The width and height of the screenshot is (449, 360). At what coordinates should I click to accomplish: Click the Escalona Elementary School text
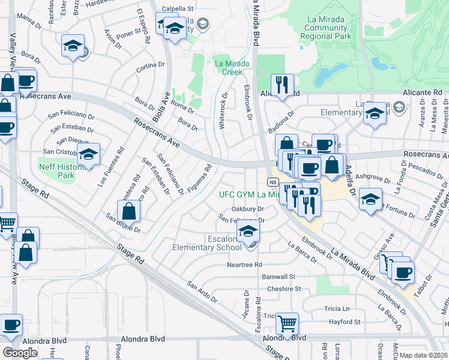[x=206, y=242]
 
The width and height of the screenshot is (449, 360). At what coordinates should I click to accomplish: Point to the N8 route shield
[x=272, y=181]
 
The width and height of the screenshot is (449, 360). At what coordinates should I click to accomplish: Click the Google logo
[x=20, y=352]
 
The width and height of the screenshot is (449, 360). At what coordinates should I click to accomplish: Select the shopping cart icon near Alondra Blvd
[x=288, y=324]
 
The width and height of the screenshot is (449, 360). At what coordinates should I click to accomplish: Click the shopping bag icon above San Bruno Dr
[x=128, y=211]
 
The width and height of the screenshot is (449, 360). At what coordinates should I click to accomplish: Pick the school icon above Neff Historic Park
[x=88, y=155]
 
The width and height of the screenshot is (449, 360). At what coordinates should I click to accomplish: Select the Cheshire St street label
[x=285, y=289]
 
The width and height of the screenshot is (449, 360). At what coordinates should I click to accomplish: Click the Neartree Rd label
[x=244, y=265]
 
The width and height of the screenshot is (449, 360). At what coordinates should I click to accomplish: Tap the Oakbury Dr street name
[x=248, y=209]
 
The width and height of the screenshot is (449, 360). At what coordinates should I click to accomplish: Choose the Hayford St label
[x=344, y=322]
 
